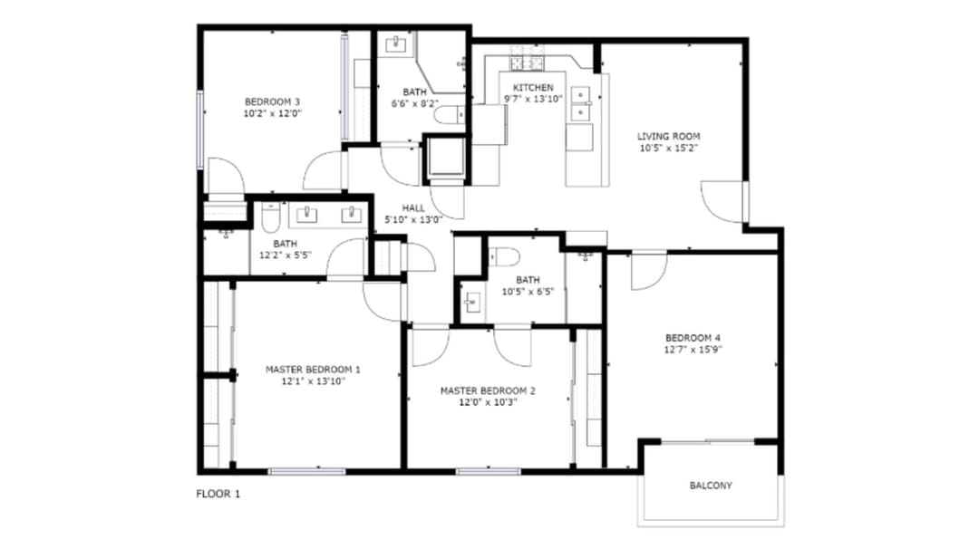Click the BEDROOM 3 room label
click(272, 101)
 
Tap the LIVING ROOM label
click(668, 136)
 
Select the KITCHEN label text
click(533, 87)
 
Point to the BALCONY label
click(711, 486)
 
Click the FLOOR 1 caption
click(218, 494)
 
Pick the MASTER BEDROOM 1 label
click(313, 370)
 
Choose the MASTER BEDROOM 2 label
click(488, 390)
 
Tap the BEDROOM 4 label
click(693, 338)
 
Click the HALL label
click(413, 207)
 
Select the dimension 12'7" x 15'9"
click(693, 350)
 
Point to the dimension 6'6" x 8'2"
click(414, 103)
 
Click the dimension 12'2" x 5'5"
click(286, 255)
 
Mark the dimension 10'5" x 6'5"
click(528, 292)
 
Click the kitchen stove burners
click(528, 63)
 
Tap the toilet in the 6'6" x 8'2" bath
click(450, 114)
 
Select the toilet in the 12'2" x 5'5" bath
click(271, 217)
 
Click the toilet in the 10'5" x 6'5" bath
click(505, 257)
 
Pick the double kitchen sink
click(581, 103)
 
